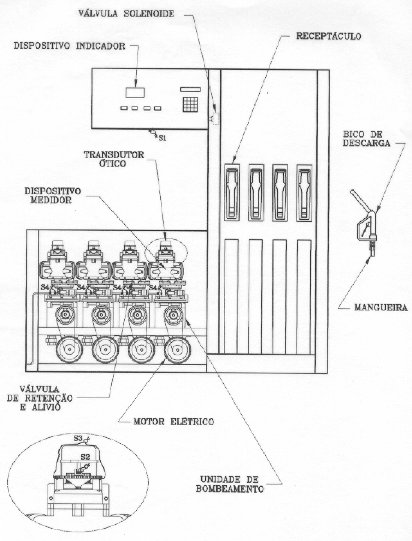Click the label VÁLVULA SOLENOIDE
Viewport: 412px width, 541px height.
(x=126, y=13)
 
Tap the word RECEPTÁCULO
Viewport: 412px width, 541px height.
(x=329, y=36)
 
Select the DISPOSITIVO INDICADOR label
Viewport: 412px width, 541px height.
(x=69, y=46)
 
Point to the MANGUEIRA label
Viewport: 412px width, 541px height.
(x=381, y=308)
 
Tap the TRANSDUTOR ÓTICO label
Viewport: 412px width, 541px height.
(x=114, y=159)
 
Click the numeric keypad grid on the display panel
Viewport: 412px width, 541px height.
(x=190, y=104)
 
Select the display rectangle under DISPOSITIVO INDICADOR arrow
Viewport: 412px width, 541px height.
(x=135, y=92)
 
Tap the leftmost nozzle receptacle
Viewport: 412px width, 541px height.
(x=232, y=192)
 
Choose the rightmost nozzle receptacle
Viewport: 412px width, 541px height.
(x=304, y=192)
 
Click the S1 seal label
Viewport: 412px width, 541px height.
(x=163, y=138)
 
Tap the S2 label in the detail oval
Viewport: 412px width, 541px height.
(x=85, y=457)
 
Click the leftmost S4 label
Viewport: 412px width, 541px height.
(x=45, y=287)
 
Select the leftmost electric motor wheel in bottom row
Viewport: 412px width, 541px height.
(x=69, y=350)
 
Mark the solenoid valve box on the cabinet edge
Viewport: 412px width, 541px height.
(x=215, y=119)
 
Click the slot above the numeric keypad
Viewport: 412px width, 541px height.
(x=190, y=90)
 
